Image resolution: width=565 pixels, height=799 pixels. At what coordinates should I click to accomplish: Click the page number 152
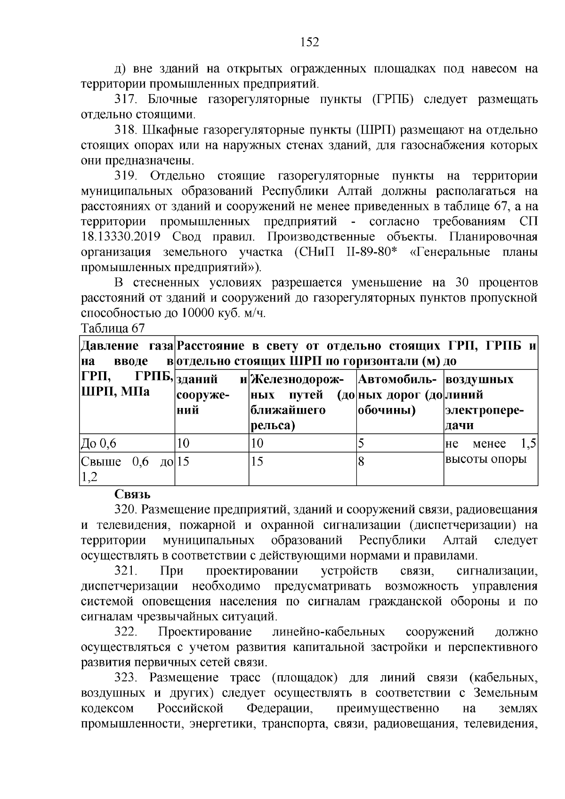point(310,43)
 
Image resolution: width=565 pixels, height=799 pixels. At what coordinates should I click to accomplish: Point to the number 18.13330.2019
point(121,237)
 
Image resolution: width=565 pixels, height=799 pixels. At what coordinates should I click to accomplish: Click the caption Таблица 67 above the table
point(113,328)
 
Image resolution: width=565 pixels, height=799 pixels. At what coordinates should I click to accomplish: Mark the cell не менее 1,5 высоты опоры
point(490,451)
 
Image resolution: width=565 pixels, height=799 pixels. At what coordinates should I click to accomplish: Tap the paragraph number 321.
point(126,571)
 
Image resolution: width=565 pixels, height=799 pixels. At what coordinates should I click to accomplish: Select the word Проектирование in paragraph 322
point(205,632)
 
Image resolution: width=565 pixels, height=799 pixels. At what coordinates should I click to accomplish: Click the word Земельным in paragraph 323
point(505,693)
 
